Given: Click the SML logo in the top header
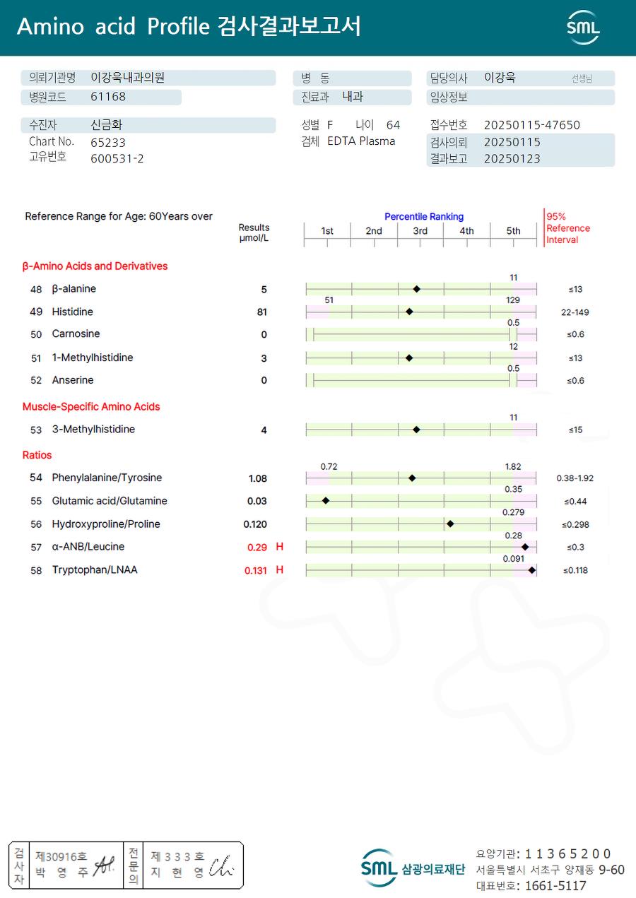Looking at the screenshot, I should click(x=583, y=28).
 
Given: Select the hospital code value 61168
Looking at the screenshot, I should click(x=108, y=98).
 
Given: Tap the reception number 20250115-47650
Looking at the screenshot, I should click(x=531, y=125).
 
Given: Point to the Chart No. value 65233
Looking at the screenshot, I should click(x=108, y=142).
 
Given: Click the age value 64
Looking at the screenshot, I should click(x=393, y=125).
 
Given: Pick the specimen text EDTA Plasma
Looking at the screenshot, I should click(x=361, y=141).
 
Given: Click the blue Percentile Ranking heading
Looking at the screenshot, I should click(x=424, y=217).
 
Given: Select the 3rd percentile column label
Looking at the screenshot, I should click(x=420, y=231).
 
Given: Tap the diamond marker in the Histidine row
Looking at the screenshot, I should click(x=409, y=312).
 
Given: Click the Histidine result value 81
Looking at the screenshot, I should click(x=262, y=312).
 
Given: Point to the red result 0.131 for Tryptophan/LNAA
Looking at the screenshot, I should click(x=256, y=571).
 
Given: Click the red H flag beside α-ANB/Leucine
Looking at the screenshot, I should click(x=280, y=547).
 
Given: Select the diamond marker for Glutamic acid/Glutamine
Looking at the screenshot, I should click(x=326, y=500).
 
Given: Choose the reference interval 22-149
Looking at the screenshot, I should click(x=574, y=312).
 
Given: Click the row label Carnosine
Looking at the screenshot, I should click(x=76, y=334).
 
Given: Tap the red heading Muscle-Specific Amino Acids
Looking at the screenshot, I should click(x=91, y=407).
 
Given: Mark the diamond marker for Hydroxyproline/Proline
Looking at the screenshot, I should click(x=450, y=524).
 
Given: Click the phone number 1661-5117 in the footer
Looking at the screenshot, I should click(x=555, y=886).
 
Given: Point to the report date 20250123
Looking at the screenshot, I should click(x=512, y=159).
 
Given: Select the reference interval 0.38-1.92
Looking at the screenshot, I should click(x=575, y=478).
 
